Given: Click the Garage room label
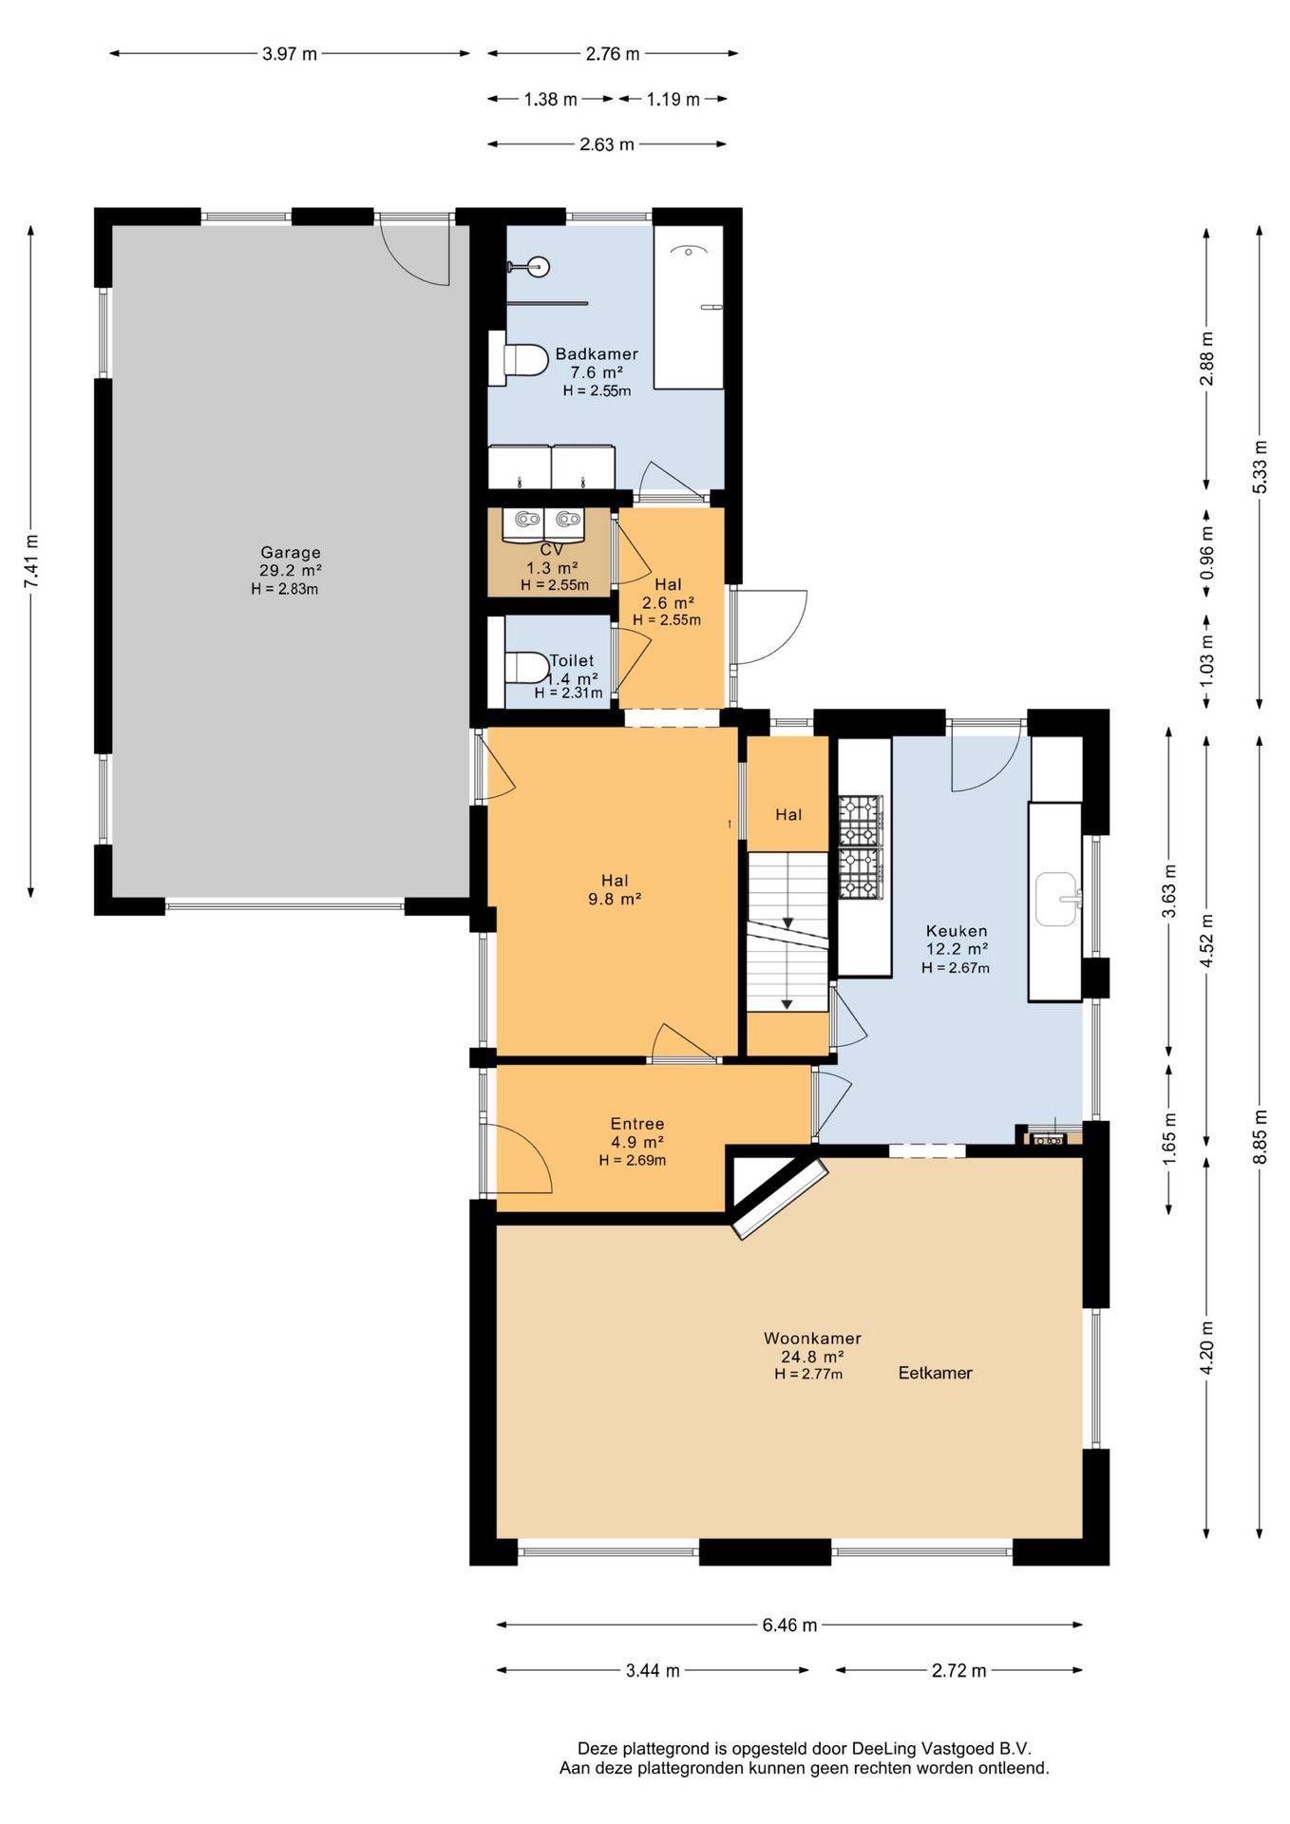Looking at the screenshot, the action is point(291,552).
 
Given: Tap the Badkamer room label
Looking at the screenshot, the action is point(597,353).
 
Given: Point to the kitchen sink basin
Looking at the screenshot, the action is point(1056,899).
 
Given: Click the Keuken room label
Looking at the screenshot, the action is point(957,931).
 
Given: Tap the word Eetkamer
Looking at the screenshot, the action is point(936,1373).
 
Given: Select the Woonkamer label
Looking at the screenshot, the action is point(812,1338).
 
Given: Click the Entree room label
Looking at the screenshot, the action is point(637,1124).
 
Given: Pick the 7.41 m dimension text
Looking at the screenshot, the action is point(31,560).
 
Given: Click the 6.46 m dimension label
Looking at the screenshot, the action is point(789,1624).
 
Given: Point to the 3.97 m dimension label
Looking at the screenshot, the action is point(290,54).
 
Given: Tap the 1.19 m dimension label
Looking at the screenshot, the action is point(673,99).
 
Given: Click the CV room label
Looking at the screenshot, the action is point(552,549).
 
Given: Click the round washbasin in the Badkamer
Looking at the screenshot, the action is point(540,266).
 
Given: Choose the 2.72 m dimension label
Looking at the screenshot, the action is point(958,1670).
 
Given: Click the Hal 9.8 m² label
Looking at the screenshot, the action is point(615,889).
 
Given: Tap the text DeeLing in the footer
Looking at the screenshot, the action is point(884,1748).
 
